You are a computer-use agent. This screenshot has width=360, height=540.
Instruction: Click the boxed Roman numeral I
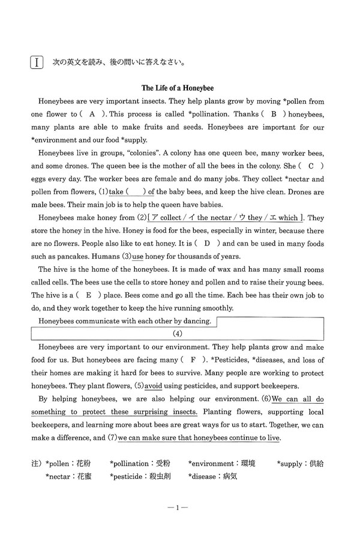tap(38, 62)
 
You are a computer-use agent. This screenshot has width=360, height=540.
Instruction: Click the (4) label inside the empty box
tap(178, 334)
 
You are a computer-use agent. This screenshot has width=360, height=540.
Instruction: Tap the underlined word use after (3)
tap(138, 256)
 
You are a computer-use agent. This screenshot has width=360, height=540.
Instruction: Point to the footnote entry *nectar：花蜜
tap(68, 477)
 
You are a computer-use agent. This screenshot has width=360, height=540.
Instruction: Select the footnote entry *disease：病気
tap(213, 477)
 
